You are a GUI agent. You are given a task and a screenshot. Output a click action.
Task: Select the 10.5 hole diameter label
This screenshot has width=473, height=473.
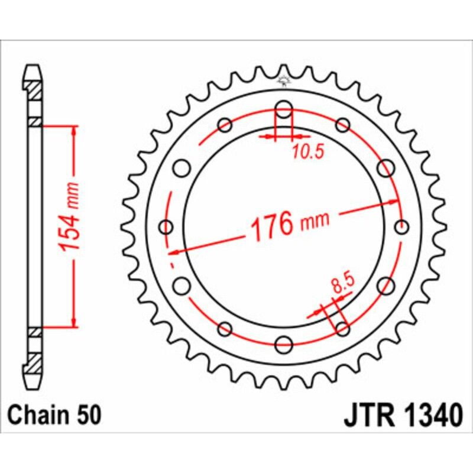(x=307, y=153)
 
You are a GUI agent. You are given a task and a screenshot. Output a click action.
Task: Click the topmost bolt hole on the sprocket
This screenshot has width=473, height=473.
(x=284, y=110)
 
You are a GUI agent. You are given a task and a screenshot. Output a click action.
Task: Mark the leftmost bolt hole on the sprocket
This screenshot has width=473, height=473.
(x=167, y=227)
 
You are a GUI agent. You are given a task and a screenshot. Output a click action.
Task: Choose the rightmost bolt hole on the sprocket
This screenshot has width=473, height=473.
(x=401, y=227)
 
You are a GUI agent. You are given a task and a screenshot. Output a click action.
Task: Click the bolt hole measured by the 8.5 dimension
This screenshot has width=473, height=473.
(x=342, y=328)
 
